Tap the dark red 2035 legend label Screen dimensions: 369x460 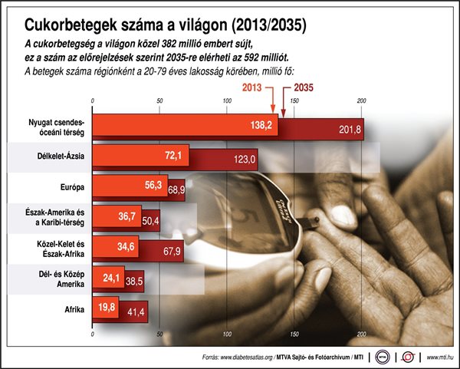pos(304,88)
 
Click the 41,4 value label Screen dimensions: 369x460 pos(138,313)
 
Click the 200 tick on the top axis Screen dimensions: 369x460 pos(361,101)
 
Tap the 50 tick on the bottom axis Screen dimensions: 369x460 pos(159,335)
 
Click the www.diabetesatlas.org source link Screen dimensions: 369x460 pos(227,357)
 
